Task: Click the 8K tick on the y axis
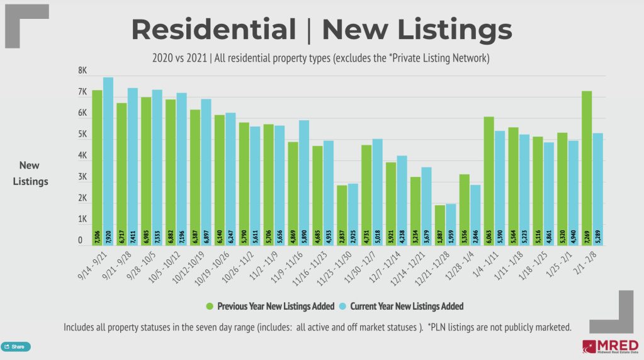coord(82,72)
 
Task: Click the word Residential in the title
coord(213,30)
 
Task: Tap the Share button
coord(15,347)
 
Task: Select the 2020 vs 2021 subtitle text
coord(181,58)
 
